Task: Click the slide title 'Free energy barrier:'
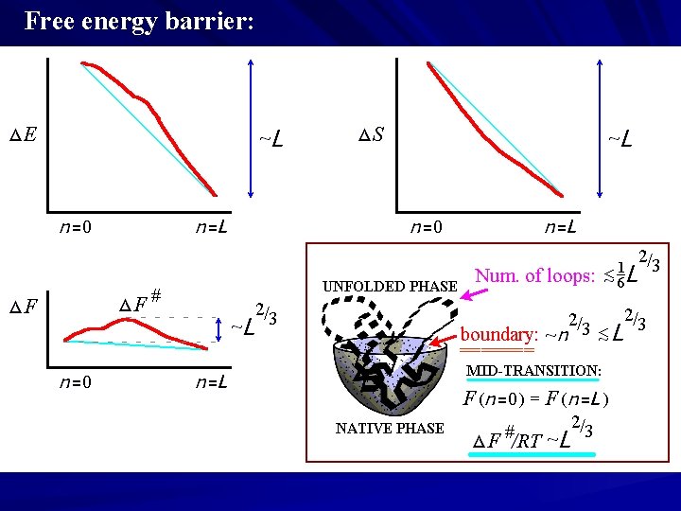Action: [139, 21]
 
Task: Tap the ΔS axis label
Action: [371, 134]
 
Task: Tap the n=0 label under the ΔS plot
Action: [425, 227]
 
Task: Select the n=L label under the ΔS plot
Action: [561, 227]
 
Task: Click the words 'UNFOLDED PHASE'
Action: [390, 286]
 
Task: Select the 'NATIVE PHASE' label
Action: [390, 429]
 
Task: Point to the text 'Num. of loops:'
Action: [534, 275]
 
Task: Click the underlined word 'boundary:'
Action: [498, 335]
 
